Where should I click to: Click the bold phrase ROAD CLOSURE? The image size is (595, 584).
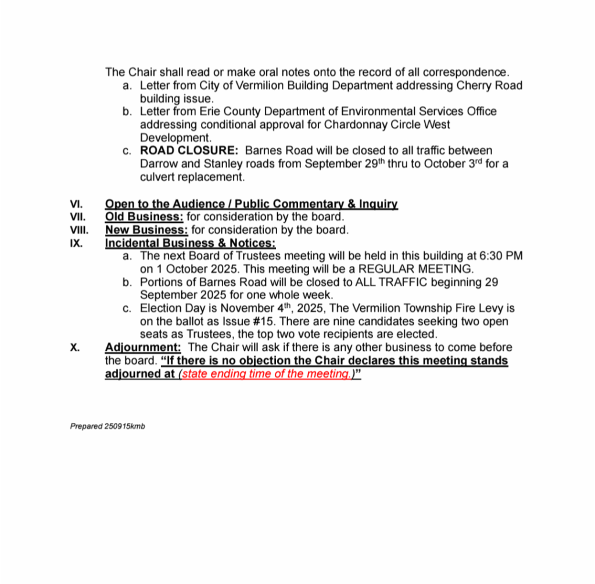(x=189, y=151)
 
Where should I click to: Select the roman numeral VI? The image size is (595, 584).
(x=76, y=204)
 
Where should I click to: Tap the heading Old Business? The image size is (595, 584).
(x=144, y=217)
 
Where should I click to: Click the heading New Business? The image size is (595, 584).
(x=146, y=230)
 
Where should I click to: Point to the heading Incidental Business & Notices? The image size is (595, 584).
(x=190, y=243)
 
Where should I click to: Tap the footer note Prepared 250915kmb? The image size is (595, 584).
(x=107, y=426)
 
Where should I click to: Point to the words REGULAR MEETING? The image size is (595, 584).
(x=416, y=269)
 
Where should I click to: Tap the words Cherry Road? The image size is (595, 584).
(x=490, y=86)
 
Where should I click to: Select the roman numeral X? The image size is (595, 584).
(x=74, y=347)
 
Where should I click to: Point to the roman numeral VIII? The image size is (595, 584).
(x=79, y=230)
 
